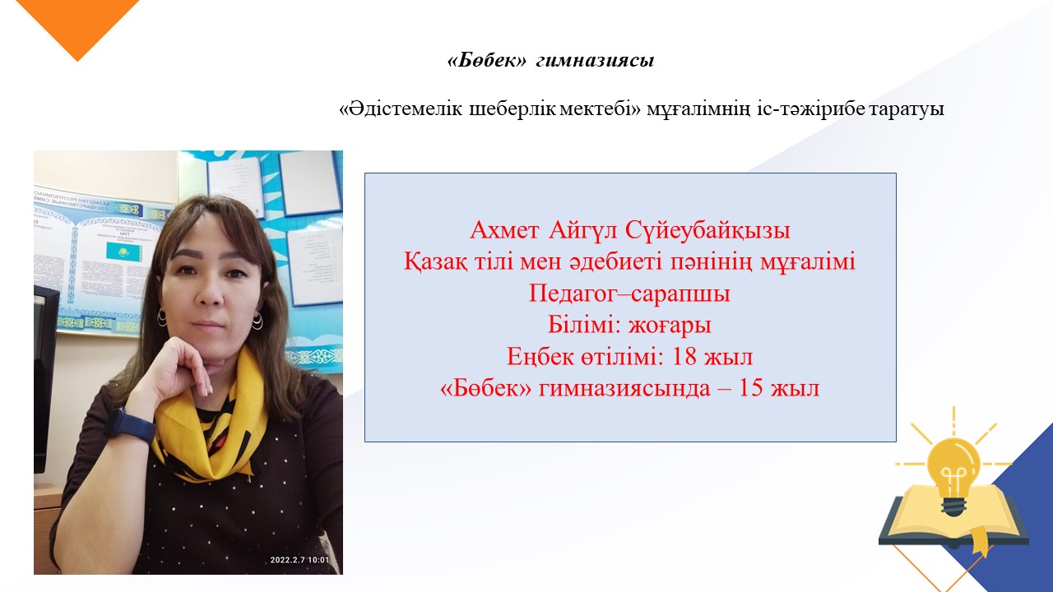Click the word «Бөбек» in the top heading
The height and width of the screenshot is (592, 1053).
[486, 60]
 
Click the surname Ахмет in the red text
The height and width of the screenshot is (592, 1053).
[504, 230]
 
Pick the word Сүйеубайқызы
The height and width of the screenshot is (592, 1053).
[707, 231]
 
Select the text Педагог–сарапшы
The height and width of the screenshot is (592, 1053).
[629, 294]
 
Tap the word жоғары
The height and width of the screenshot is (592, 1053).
[670, 326]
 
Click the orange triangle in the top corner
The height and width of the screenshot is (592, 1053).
[77, 24]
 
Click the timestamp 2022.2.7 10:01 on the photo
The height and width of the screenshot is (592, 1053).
[299, 560]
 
